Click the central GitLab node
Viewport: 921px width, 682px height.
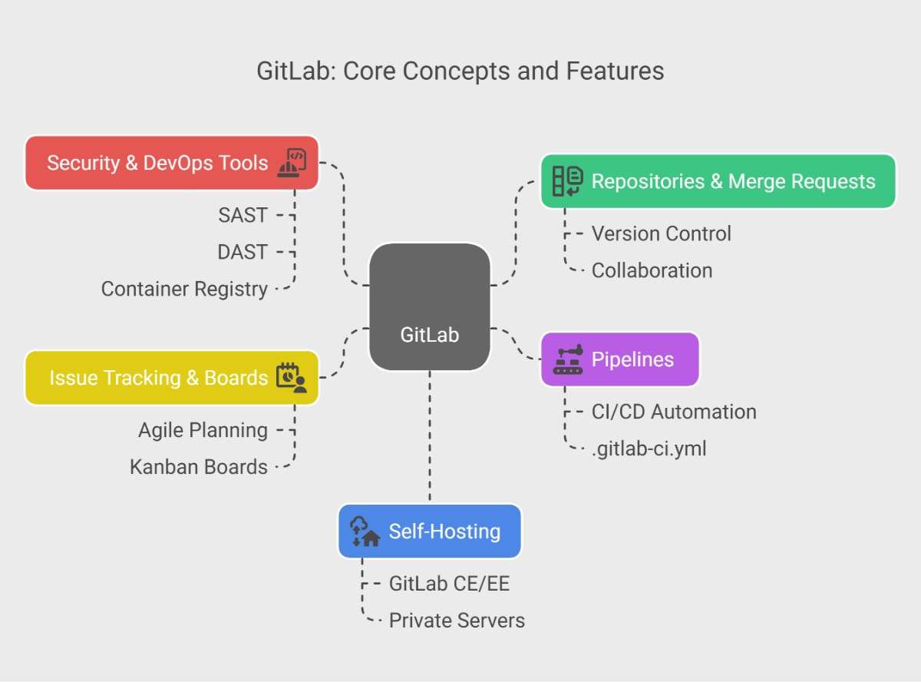[x=430, y=307]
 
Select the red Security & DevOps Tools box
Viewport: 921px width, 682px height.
[x=171, y=163]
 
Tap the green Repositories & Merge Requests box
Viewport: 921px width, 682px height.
[x=718, y=181]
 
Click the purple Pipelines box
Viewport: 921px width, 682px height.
[x=620, y=359]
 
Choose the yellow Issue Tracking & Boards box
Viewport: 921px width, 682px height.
[x=171, y=378]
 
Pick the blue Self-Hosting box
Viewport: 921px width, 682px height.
[x=430, y=531]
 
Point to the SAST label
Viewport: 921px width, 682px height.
[x=243, y=215]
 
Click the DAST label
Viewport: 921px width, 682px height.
[x=243, y=252]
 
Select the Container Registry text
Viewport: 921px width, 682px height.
[x=184, y=289]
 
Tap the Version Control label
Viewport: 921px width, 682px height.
[x=661, y=233]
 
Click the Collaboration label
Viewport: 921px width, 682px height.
[x=652, y=270]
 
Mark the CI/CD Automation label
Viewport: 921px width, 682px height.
[x=674, y=412]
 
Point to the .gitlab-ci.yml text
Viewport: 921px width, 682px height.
[x=649, y=449]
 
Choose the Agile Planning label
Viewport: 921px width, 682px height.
[x=203, y=430]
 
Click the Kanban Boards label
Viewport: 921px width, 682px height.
[x=199, y=467]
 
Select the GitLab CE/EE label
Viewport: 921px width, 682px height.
[x=449, y=584]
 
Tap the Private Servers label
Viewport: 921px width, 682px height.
[x=457, y=621]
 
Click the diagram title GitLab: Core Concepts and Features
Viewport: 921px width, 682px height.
[x=460, y=71]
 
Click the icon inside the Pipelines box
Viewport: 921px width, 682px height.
[x=568, y=359]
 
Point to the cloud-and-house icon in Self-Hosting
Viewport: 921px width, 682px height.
[x=365, y=531]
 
